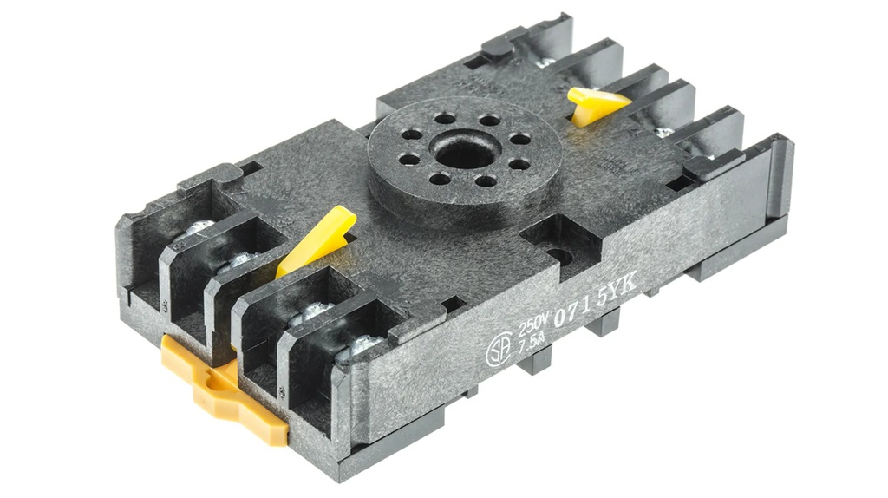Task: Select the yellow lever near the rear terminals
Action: (x=597, y=104)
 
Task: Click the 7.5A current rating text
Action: (x=532, y=344)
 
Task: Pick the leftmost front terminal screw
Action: (x=199, y=229)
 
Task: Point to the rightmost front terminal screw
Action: (x=362, y=345)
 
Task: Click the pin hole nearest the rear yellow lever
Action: (x=520, y=139)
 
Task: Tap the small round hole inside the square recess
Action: (x=560, y=256)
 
